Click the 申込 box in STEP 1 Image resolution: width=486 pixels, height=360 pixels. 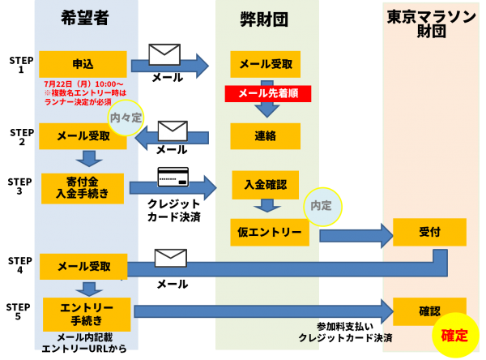pyautogui.click(x=83, y=64)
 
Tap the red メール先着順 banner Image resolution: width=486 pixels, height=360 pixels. pyautogui.click(x=268, y=93)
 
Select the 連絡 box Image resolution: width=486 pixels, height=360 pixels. pyautogui.click(x=266, y=136)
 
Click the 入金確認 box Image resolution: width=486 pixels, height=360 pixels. pyautogui.click(x=266, y=185)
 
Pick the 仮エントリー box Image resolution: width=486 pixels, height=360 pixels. pyautogui.click(x=270, y=232)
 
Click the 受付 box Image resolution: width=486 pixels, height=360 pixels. pyautogui.click(x=429, y=232)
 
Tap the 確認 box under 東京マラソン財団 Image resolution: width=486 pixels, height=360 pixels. pyautogui.click(x=429, y=311)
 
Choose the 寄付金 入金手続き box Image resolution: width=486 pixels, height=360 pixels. pyautogui.click(x=83, y=188)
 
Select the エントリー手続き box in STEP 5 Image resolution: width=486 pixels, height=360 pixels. pyautogui.click(x=87, y=315)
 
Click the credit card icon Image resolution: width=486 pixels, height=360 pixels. pyautogui.click(x=173, y=177)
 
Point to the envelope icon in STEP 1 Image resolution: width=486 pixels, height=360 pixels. pyautogui.click(x=164, y=54)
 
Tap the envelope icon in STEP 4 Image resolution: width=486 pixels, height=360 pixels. pyautogui.click(x=171, y=258)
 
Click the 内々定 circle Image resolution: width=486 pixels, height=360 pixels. pyautogui.click(x=126, y=118)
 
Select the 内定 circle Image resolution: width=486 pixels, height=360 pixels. pyautogui.click(x=322, y=207)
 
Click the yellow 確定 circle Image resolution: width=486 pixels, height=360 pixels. pyautogui.click(x=455, y=335)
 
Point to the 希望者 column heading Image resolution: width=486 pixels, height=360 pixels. pyautogui.click(x=84, y=18)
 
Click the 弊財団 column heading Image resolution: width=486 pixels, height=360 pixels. pyautogui.click(x=264, y=19)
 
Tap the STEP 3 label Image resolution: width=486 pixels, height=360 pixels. pyautogui.click(x=19, y=186)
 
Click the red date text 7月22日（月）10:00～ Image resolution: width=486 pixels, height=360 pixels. pyautogui.click(x=83, y=84)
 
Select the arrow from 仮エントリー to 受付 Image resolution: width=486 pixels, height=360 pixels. pyautogui.click(x=356, y=236)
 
